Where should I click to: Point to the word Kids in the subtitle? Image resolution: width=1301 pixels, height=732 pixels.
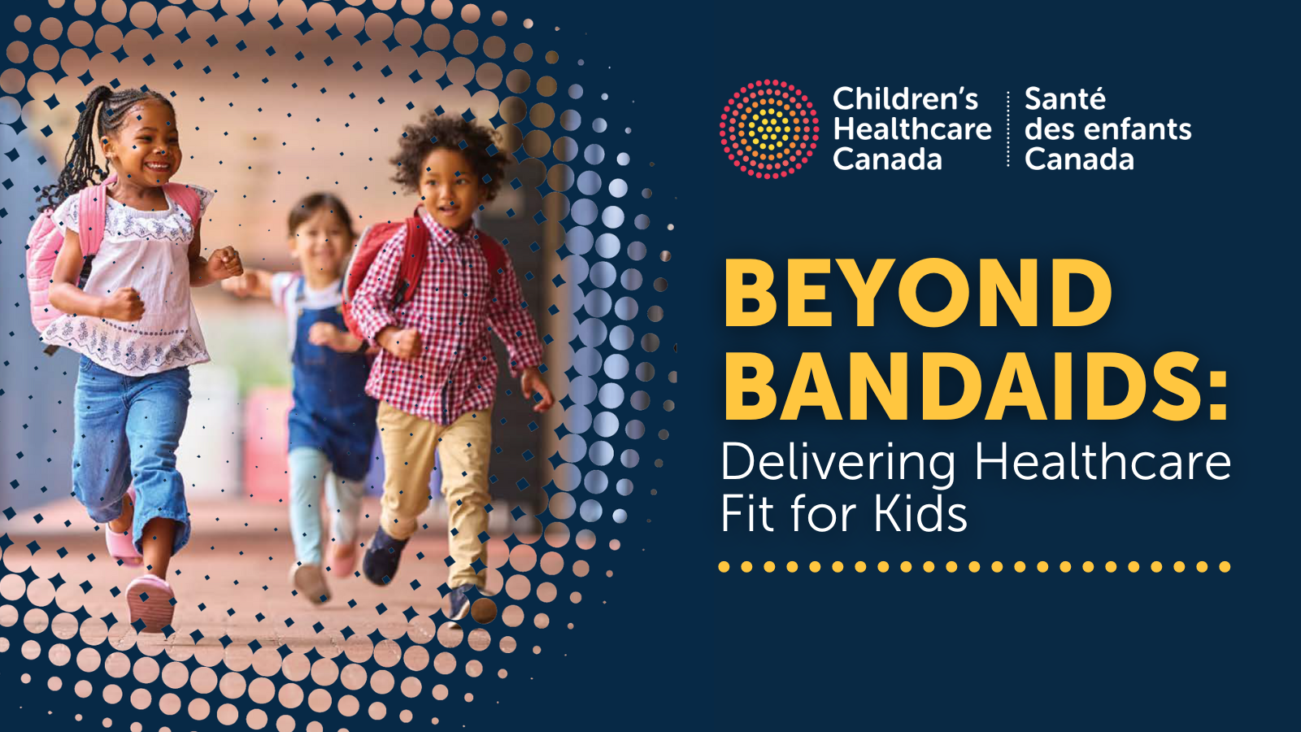pos(920,513)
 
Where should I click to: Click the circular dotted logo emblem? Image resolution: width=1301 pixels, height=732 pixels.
pos(769,129)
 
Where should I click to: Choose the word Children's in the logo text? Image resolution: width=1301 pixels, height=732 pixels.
pos(906,98)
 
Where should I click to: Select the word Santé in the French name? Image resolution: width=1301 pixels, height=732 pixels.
pos(1064,98)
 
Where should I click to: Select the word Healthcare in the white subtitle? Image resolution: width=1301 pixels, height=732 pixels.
pos(1103,462)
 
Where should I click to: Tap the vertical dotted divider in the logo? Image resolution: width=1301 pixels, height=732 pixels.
pos(1007,129)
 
